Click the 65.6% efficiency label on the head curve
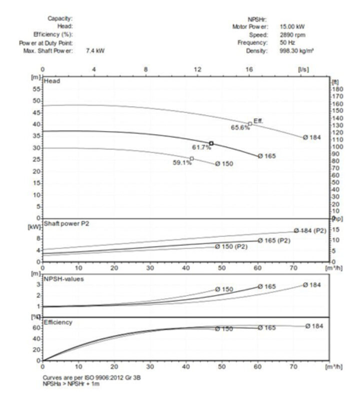click(240, 127)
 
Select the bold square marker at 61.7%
click(211, 143)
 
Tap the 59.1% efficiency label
click(182, 162)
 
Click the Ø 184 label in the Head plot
click(312, 137)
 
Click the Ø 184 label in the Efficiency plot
click(314, 326)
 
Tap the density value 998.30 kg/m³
click(297, 50)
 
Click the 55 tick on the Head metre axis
click(36, 89)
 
